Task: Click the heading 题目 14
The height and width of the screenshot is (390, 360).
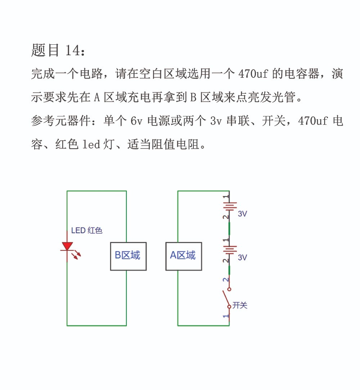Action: [58, 50]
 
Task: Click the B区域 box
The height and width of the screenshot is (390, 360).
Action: [129, 256]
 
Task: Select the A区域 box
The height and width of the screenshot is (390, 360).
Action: [184, 256]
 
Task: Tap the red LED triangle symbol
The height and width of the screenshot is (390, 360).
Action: [67, 246]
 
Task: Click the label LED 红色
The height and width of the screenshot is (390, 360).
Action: [87, 230]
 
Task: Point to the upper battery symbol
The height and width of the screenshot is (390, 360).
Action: [230, 206]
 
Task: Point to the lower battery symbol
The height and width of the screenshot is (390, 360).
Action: [230, 250]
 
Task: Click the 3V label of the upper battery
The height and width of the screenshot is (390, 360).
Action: [243, 214]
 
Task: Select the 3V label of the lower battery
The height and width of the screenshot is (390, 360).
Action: [243, 257]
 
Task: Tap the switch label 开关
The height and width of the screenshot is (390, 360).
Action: [240, 305]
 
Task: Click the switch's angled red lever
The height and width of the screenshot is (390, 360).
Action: [226, 298]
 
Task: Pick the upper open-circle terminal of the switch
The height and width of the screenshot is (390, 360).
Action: [229, 289]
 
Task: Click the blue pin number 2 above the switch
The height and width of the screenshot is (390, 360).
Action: [225, 280]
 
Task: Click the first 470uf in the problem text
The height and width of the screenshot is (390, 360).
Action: [253, 74]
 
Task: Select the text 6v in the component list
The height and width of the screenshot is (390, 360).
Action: [137, 121]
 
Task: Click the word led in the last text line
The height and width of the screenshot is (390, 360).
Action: [91, 144]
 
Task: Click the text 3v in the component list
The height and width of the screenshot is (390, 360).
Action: [216, 121]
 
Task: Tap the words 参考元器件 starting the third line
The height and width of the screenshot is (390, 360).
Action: [61, 121]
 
